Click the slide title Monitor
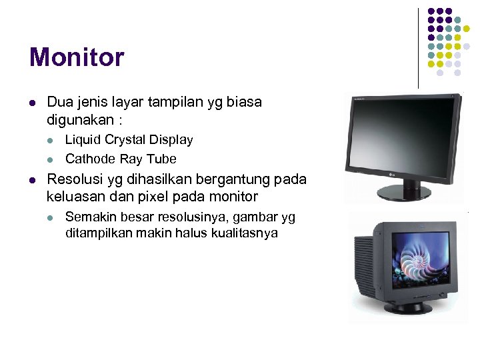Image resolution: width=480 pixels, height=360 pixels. pyautogui.click(x=76, y=57)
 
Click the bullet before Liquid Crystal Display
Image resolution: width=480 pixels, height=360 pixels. pyautogui.click(x=50, y=140)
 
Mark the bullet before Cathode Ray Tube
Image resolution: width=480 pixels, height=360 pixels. pyautogui.click(x=50, y=159)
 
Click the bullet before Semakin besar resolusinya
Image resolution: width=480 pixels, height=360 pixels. pyautogui.click(x=50, y=218)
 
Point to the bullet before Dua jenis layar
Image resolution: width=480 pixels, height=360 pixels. pyautogui.click(x=31, y=103)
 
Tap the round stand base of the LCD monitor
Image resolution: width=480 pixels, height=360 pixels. pyautogui.click(x=404, y=193)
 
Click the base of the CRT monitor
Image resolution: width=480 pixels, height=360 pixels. pyautogui.click(x=409, y=308)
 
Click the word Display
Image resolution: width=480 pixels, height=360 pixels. pyautogui.click(x=171, y=140)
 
